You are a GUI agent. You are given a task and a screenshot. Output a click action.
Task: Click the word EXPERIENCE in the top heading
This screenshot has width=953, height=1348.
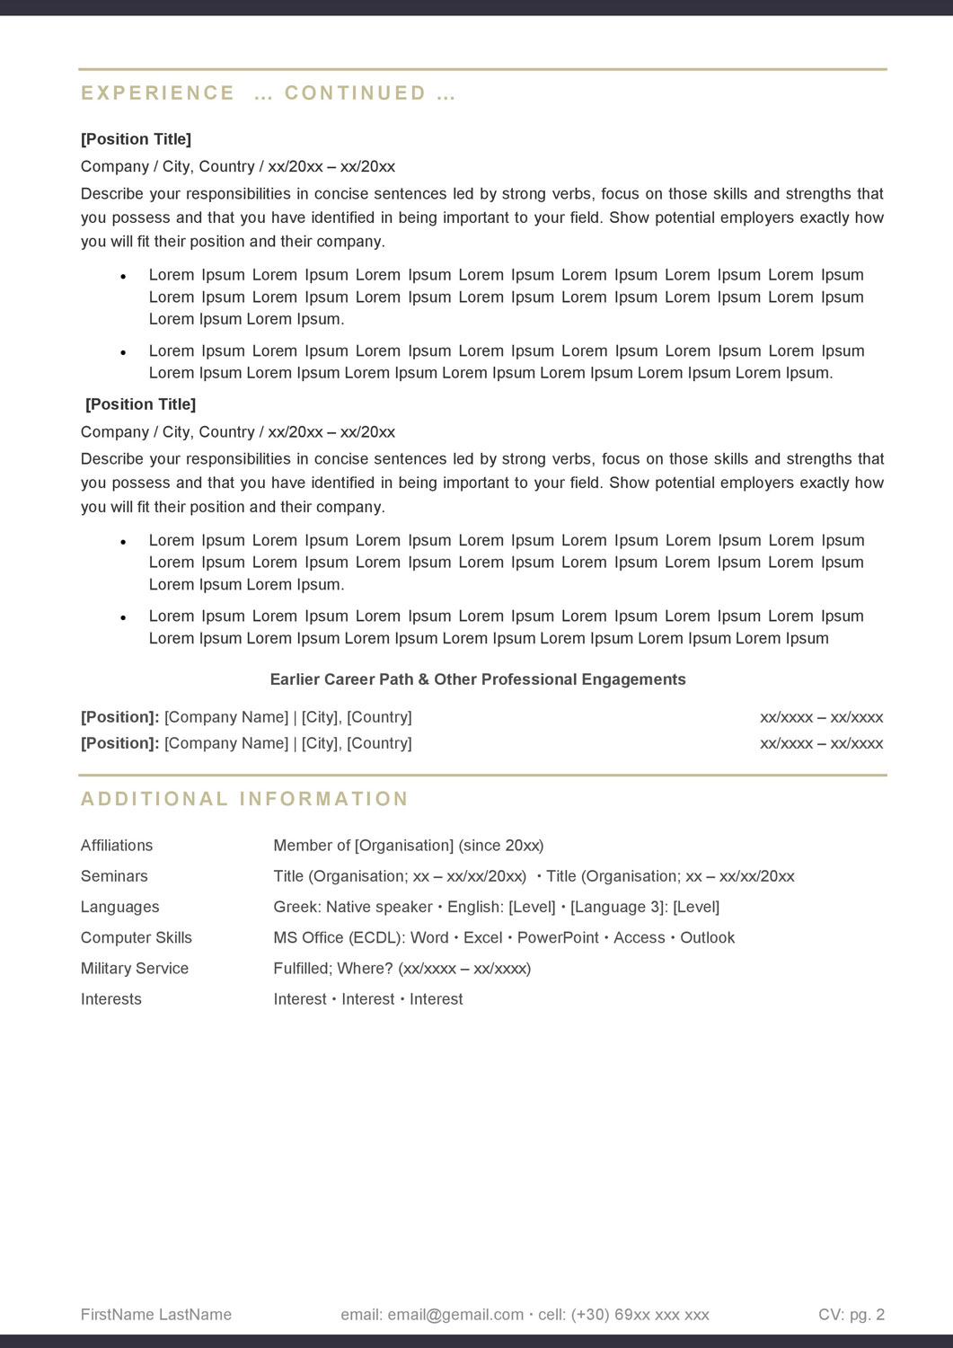coord(158,93)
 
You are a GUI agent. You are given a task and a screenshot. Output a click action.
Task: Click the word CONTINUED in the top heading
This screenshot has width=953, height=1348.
coord(356,93)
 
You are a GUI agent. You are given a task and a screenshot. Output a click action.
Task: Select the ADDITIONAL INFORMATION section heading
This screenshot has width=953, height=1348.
coord(244,799)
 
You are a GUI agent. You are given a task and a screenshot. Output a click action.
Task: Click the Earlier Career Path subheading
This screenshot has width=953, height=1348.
coord(478,679)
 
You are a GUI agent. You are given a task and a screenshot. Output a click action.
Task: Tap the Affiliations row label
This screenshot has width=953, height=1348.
coord(117,846)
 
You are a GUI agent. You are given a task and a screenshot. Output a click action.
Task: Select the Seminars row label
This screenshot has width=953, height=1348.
coord(114,876)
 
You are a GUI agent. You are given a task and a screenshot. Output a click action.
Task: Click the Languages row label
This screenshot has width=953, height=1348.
coord(119,907)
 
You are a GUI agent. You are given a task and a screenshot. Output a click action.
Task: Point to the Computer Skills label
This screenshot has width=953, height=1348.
coord(137,937)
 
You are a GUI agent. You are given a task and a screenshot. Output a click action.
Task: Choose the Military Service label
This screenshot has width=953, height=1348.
coord(135,968)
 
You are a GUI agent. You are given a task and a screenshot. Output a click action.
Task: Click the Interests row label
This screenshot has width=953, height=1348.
coord(111,998)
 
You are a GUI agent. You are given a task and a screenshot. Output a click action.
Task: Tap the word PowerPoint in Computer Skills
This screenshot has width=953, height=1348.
coord(558,937)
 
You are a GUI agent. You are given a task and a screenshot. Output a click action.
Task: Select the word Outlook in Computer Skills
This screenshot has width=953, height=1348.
coord(707,937)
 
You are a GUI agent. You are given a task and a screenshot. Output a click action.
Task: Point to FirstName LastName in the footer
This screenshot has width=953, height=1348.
coord(156,1315)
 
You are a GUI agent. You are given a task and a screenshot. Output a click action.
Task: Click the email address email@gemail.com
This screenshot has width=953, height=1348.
coord(455,1315)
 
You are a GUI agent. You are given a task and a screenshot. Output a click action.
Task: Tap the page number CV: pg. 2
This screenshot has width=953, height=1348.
coord(852,1315)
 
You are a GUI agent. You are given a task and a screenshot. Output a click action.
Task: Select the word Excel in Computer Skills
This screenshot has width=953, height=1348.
coord(482,937)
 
